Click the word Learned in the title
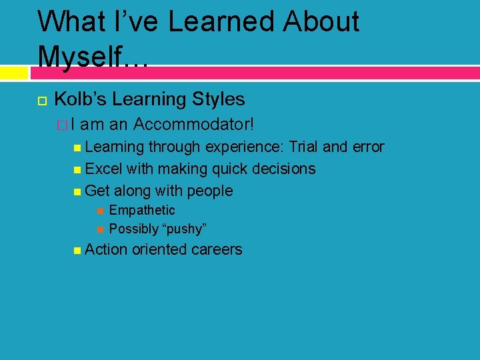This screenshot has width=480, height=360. point(221,21)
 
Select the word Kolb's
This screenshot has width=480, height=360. point(81,99)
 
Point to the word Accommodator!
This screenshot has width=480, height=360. point(195,124)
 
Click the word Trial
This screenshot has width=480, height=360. point(303,147)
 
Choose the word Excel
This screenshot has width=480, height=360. point(105,169)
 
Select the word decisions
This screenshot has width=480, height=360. point(282,169)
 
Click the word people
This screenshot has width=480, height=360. point(210,191)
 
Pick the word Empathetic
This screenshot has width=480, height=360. point(142,211)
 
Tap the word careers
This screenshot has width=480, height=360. point(217,250)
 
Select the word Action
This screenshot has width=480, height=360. point(107,250)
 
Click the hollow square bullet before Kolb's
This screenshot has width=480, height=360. point(41,101)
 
